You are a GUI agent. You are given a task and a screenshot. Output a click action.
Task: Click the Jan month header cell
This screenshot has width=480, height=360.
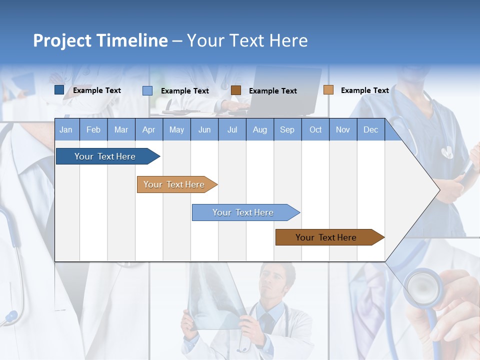[66, 129]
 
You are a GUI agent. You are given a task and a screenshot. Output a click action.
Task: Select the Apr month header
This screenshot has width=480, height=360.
[148, 129]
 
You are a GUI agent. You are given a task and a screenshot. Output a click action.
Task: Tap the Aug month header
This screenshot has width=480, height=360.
[259, 129]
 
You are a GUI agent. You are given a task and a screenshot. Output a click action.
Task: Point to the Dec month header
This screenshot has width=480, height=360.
[370, 129]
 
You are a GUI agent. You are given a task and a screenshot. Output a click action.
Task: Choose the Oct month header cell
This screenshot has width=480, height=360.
[315, 129]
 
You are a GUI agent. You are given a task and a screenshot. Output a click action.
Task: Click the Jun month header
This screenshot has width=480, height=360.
[204, 129]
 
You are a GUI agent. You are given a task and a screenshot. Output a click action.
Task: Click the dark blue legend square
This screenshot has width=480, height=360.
[59, 90]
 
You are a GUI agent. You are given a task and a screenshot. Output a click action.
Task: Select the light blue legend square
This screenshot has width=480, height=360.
[147, 90]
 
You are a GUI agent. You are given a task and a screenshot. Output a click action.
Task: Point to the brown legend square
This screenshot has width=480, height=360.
[236, 90]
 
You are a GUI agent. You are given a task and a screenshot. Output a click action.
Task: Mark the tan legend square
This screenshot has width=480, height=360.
[328, 89]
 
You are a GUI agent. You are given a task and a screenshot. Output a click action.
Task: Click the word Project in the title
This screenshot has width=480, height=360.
[62, 40]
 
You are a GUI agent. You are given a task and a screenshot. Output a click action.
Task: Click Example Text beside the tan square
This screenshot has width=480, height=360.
[364, 90]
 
